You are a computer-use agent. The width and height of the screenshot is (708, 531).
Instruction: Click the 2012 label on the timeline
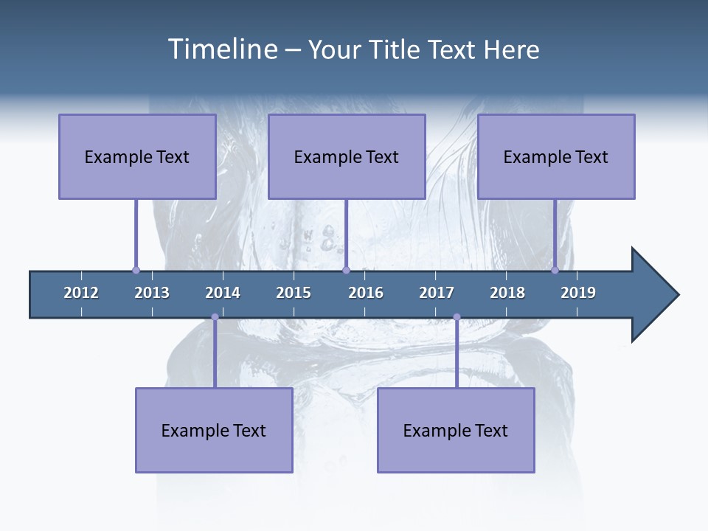click(81, 293)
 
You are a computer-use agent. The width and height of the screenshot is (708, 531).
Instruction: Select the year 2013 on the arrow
click(152, 293)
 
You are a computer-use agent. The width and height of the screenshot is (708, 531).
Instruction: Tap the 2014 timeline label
click(223, 293)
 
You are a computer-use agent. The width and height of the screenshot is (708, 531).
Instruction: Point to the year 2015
click(294, 293)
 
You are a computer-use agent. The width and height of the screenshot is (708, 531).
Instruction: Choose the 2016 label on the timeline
click(366, 293)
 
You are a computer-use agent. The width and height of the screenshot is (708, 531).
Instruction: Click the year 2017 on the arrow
click(437, 293)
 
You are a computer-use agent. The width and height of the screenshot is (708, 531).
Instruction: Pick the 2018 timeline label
click(507, 293)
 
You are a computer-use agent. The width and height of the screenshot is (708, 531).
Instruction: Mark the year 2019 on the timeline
click(578, 293)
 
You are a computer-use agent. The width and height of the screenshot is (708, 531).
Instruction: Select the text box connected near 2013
click(137, 156)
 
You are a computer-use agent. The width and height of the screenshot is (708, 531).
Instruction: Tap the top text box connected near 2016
click(347, 156)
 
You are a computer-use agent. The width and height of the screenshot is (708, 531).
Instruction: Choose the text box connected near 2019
click(556, 156)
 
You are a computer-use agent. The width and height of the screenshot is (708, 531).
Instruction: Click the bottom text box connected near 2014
click(214, 430)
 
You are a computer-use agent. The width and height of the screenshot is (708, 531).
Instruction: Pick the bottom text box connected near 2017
click(456, 430)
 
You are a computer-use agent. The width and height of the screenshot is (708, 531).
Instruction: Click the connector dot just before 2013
click(136, 270)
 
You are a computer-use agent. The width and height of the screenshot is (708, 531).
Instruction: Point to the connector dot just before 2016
click(346, 270)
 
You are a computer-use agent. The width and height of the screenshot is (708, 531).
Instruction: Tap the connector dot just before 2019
click(555, 270)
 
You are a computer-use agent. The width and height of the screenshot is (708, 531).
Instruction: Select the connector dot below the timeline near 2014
click(215, 317)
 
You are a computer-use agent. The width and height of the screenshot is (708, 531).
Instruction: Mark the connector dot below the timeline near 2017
click(457, 317)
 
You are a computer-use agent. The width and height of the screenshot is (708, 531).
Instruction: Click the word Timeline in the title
click(223, 49)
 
